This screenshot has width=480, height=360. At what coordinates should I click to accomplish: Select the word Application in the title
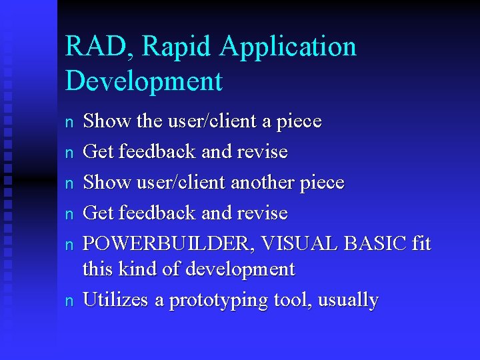(289, 47)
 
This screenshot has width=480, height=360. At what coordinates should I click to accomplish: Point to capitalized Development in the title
(143, 81)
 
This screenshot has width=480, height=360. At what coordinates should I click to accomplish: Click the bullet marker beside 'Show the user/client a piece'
(69, 122)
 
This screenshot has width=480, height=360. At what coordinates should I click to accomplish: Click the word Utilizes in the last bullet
(115, 300)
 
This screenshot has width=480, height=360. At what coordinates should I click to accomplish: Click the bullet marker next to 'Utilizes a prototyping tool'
(69, 301)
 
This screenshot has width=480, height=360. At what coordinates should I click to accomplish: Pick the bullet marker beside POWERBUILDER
(69, 245)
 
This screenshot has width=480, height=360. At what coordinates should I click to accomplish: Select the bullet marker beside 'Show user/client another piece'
(69, 183)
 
